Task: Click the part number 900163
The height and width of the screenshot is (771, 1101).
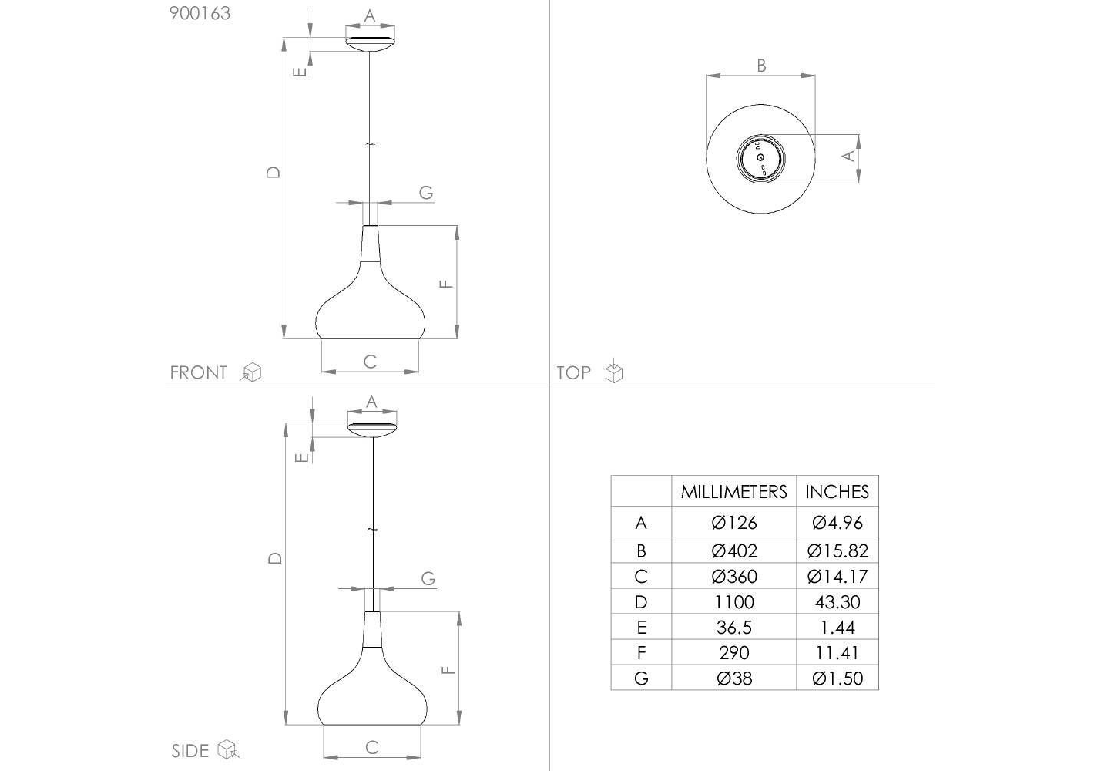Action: click(200, 13)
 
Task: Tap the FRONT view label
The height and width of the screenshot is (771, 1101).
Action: click(198, 372)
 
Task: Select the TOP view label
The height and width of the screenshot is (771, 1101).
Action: click(573, 372)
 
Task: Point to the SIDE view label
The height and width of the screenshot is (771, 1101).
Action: click(190, 751)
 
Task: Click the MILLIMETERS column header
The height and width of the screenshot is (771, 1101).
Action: click(733, 492)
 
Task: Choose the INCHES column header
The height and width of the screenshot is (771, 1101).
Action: click(837, 492)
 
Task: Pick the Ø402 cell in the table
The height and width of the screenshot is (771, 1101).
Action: click(734, 550)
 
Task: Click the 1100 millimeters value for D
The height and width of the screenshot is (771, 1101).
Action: click(734, 602)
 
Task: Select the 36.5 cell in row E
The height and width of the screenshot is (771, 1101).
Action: click(734, 628)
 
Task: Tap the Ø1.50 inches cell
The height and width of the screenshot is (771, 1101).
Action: click(837, 678)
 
